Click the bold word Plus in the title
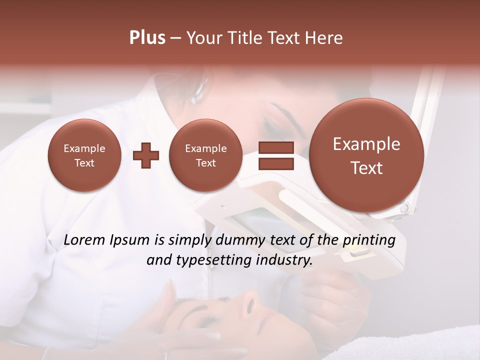pyautogui.click(x=147, y=37)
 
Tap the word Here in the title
pyautogui.click(x=324, y=37)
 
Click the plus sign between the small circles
pyautogui.click(x=146, y=155)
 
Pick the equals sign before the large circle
pyautogui.click(x=276, y=155)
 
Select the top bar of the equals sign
pyautogui.click(x=276, y=147)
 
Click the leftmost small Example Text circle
pyautogui.click(x=84, y=155)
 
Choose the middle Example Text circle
pyautogui.click(x=205, y=155)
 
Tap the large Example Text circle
pyautogui.click(x=366, y=155)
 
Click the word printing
pyautogui.click(x=369, y=240)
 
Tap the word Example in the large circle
pyautogui.click(x=366, y=144)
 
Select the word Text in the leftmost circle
pyautogui.click(x=84, y=163)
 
